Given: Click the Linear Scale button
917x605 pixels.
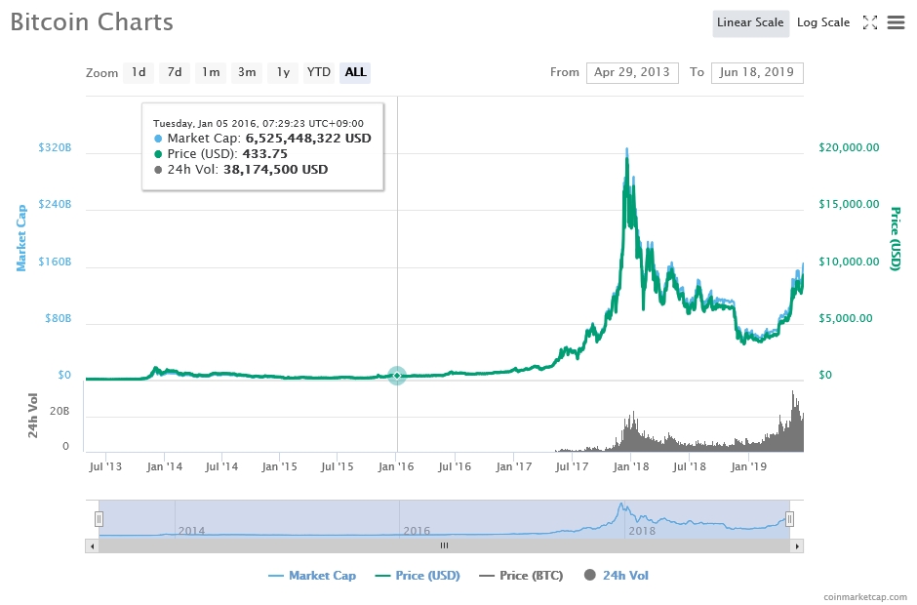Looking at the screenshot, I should (750, 22).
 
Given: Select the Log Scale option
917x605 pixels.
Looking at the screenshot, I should (822, 22).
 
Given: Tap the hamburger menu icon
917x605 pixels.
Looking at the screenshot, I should (896, 22).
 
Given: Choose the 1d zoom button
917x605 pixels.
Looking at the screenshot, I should (139, 72).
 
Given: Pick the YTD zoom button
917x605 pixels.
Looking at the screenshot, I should (318, 72).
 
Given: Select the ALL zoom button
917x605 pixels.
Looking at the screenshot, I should (355, 72).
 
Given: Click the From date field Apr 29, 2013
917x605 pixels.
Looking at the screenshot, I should (632, 72).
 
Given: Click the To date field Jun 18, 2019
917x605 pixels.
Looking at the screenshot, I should (757, 72).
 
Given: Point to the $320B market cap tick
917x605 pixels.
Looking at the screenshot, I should (55, 147).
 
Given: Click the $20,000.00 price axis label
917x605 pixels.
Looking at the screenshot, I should (848, 147).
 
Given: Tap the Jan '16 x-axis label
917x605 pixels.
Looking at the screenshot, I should (396, 467).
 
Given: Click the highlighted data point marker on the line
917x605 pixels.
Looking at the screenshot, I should (397, 376).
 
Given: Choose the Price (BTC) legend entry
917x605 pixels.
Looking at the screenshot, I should (521, 576).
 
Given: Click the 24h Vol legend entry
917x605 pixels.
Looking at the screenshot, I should (617, 576).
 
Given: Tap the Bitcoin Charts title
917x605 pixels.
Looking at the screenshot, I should (92, 22).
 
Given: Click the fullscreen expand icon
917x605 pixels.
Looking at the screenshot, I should (870, 22).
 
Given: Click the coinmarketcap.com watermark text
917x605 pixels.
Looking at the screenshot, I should (863, 595).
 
